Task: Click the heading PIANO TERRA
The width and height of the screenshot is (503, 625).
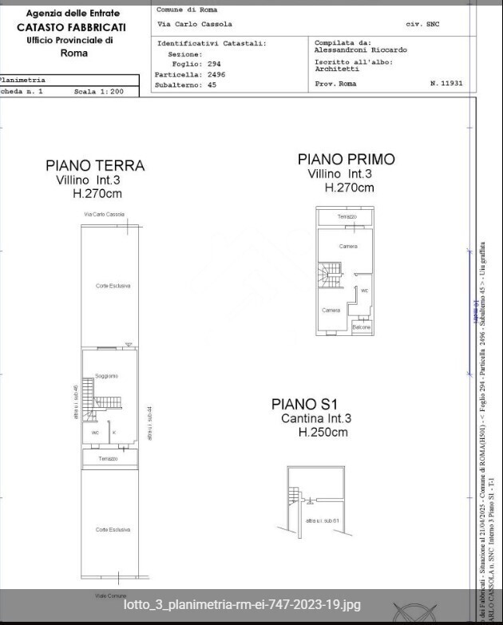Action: pyautogui.click(x=95, y=165)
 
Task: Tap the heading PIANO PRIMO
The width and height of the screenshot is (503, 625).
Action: pyautogui.click(x=346, y=160)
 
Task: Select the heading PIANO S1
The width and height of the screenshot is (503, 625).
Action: pyautogui.click(x=305, y=405)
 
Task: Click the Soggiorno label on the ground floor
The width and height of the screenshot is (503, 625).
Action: pyautogui.click(x=106, y=376)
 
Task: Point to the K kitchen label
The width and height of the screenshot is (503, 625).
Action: pyautogui.click(x=113, y=433)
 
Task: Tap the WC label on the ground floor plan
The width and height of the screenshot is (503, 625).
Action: pyautogui.click(x=95, y=433)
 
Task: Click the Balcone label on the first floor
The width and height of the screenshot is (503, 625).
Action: pyautogui.click(x=362, y=327)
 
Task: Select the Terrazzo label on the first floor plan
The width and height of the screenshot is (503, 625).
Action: pyautogui.click(x=347, y=216)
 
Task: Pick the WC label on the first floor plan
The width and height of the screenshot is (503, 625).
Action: pyautogui.click(x=364, y=291)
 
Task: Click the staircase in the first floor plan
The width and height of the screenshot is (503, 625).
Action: pyautogui.click(x=330, y=276)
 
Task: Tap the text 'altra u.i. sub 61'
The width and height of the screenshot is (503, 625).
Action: pyautogui.click(x=323, y=520)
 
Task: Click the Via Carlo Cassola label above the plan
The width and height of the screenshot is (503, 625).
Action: pyautogui.click(x=104, y=215)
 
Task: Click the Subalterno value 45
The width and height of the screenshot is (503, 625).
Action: pyautogui.click(x=212, y=84)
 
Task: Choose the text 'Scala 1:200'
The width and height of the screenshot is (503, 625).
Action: pyautogui.click(x=98, y=92)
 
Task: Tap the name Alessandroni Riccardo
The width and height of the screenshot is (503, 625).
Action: pyautogui.click(x=360, y=49)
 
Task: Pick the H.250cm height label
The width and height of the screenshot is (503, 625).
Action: pyautogui.click(x=323, y=433)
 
